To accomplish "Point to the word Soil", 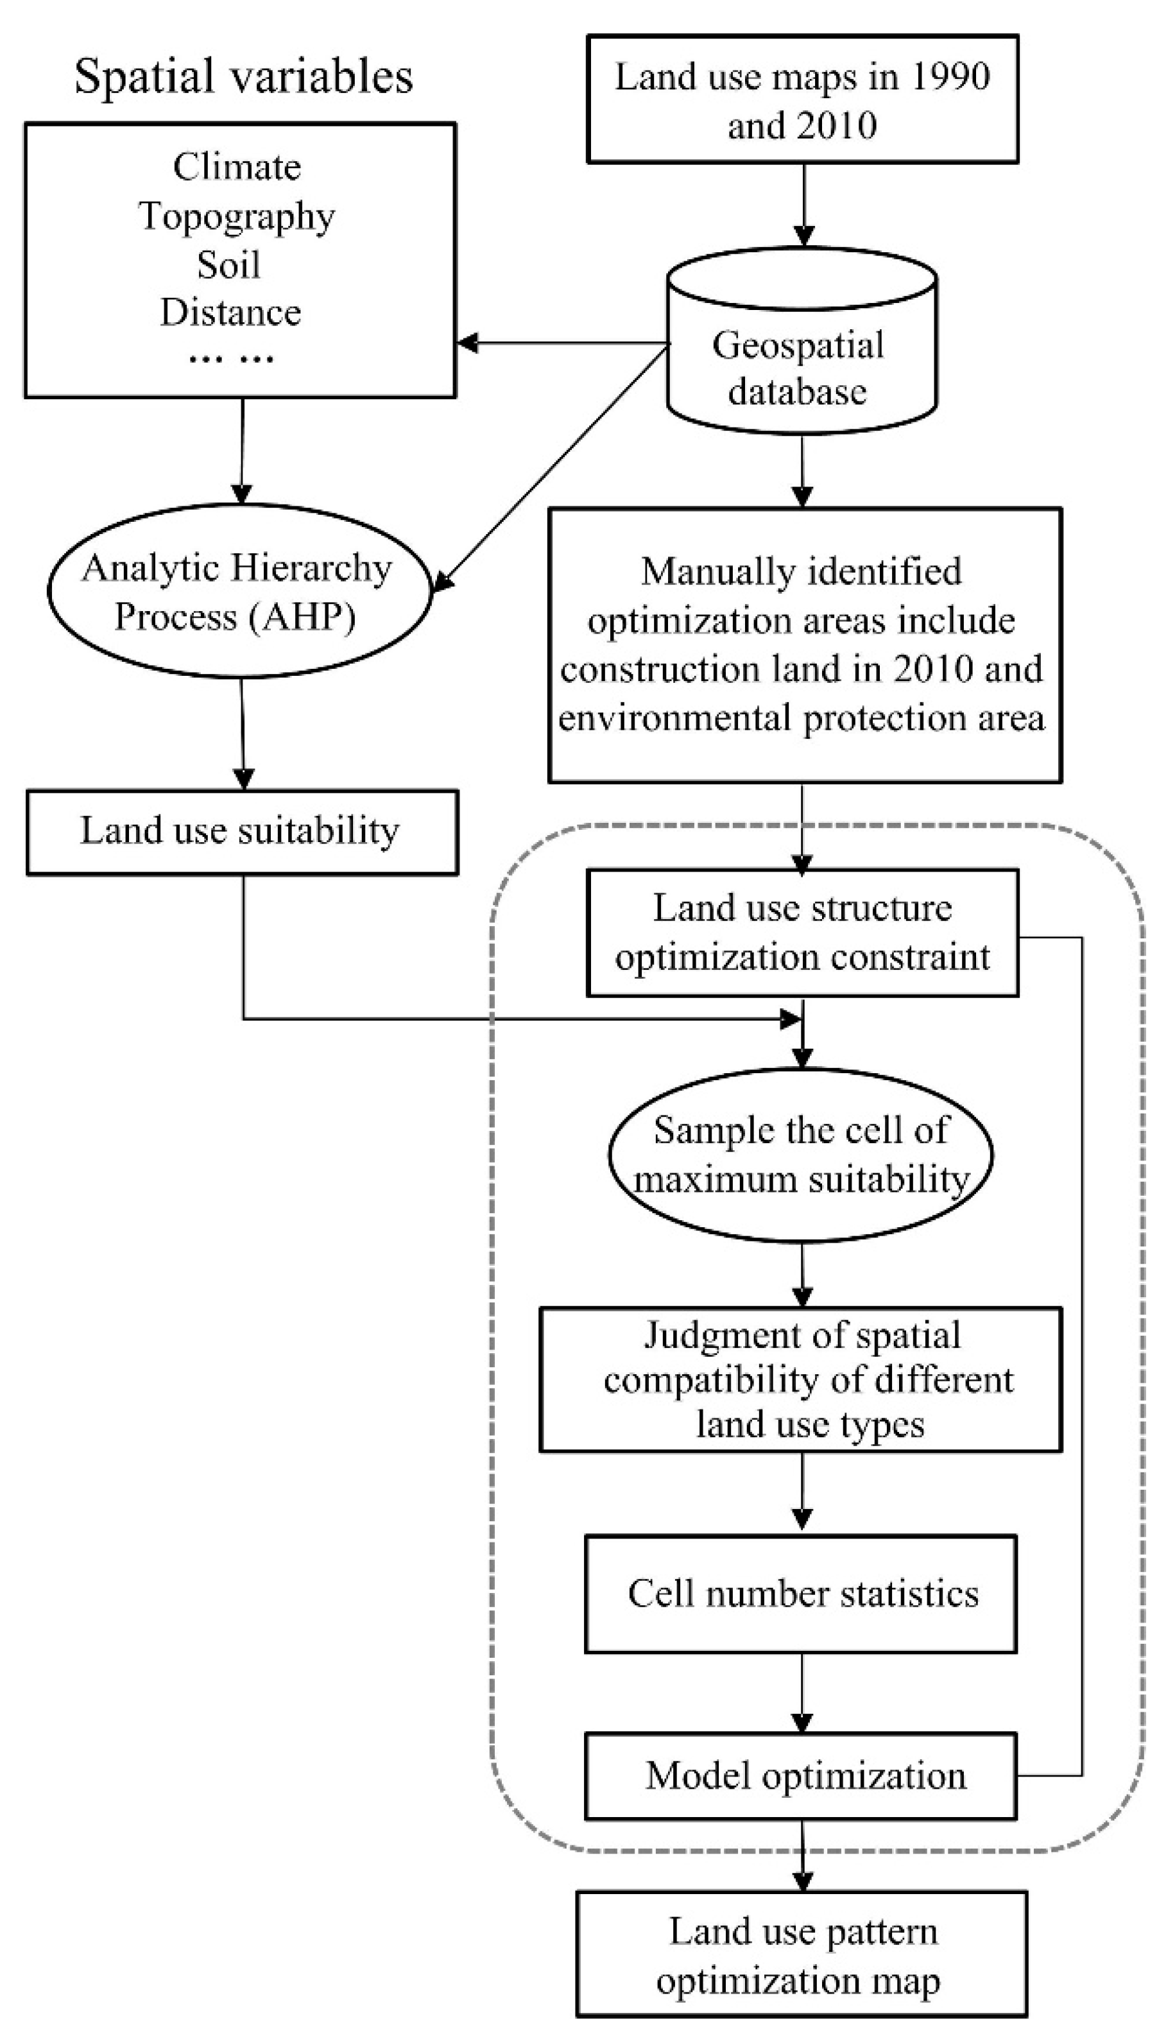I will point(228,264).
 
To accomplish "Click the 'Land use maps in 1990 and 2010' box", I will point(802,100).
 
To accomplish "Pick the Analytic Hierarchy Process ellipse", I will point(239,591).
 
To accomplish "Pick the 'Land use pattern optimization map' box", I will point(802,1954).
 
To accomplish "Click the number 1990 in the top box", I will point(950,78).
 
